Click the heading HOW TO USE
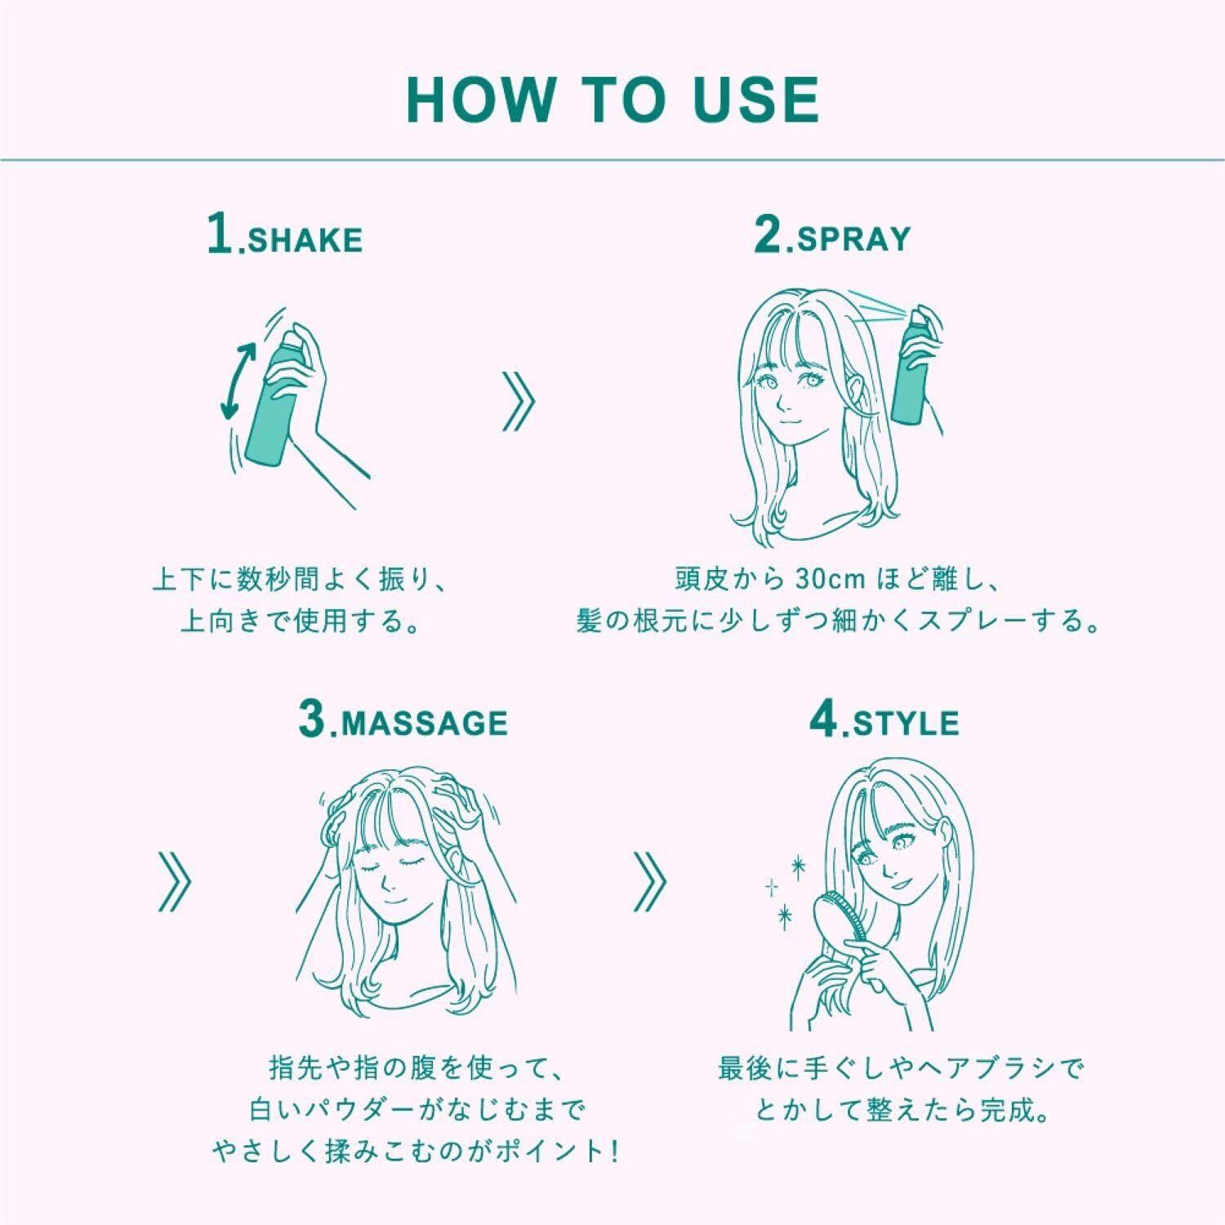[x=612, y=100]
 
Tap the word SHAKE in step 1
[x=305, y=240]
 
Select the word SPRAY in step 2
[x=853, y=238]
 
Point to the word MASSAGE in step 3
[x=424, y=724]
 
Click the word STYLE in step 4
[x=906, y=724]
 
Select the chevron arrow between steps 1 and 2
[x=519, y=401]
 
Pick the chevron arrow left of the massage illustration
[x=174, y=882]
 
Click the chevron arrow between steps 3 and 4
[x=649, y=882]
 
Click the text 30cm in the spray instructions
[x=831, y=579]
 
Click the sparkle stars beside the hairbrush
[x=784, y=890]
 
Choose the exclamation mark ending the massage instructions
[x=612, y=1151]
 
